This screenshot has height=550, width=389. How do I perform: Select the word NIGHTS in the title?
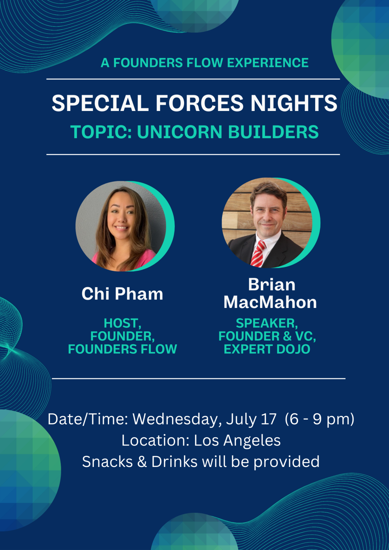pos(294,103)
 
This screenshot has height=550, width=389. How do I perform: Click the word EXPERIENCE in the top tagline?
pos(268,63)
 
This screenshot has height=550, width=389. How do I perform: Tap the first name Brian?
pos(272,285)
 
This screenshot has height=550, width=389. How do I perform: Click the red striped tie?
pos(258,254)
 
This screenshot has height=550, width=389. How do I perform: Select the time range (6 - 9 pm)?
pos(320,419)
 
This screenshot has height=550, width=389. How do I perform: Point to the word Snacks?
pos(107,462)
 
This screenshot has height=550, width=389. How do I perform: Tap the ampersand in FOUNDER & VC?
pos(287,336)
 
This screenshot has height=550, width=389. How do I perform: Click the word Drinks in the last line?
pos(174,462)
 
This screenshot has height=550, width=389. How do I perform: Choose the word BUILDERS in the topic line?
pos(273,132)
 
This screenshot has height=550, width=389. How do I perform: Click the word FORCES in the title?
pos(200,103)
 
